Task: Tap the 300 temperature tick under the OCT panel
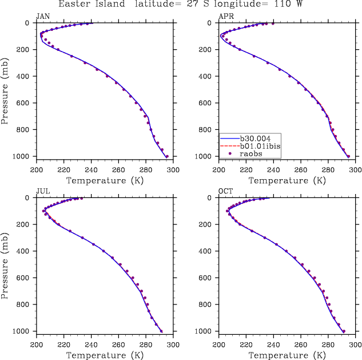(356, 345)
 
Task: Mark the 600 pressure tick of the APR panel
(208, 103)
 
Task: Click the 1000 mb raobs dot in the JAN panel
(167, 156)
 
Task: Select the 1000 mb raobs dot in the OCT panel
(344, 331)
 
